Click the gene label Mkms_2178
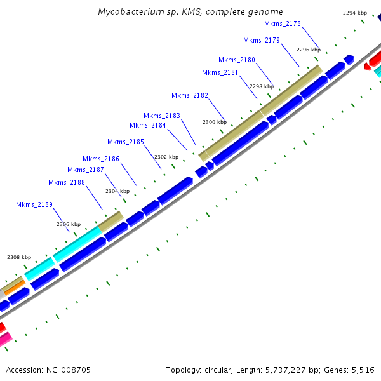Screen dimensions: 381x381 (282, 23)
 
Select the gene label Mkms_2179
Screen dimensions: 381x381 (261, 40)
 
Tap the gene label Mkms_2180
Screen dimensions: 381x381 (236, 60)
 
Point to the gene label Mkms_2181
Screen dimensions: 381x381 (220, 72)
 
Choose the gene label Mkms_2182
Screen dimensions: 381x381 (189, 95)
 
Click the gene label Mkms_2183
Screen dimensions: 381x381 (161, 116)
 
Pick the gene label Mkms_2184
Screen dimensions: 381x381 (147, 125)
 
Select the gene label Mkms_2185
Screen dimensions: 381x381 (125, 142)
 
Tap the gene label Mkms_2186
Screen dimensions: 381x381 (100, 159)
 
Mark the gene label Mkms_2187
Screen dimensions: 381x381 (85, 170)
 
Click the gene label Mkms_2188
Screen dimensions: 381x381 (66, 183)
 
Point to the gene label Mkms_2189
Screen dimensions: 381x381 (34, 204)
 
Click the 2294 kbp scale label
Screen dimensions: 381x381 (354, 13)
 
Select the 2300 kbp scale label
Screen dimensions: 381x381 (214, 122)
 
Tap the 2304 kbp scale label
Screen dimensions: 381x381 (117, 191)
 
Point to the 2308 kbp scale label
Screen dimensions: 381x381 (18, 257)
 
